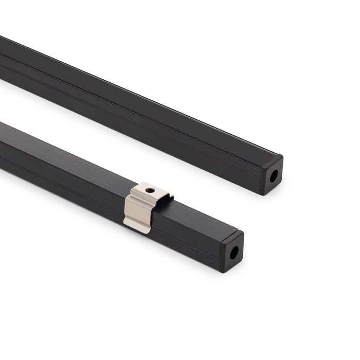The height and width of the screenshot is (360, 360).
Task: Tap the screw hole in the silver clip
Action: tap(150, 190)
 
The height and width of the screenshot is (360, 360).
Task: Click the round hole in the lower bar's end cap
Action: tap(235, 253)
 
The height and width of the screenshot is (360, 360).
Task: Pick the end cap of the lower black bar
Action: tap(232, 251)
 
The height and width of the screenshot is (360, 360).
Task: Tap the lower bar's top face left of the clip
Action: tap(67, 154)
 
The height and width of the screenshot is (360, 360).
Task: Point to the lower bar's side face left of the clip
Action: tap(62, 180)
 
